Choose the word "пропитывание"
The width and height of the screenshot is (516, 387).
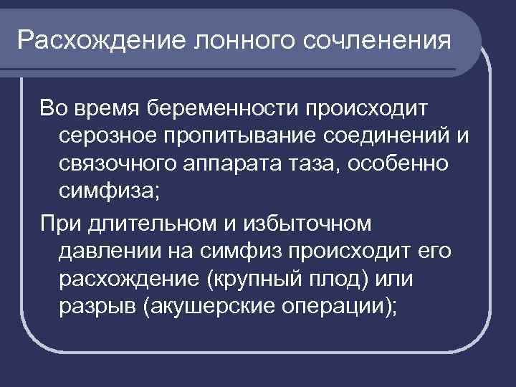[x=245, y=137]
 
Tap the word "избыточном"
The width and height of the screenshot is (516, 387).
[x=311, y=224]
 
